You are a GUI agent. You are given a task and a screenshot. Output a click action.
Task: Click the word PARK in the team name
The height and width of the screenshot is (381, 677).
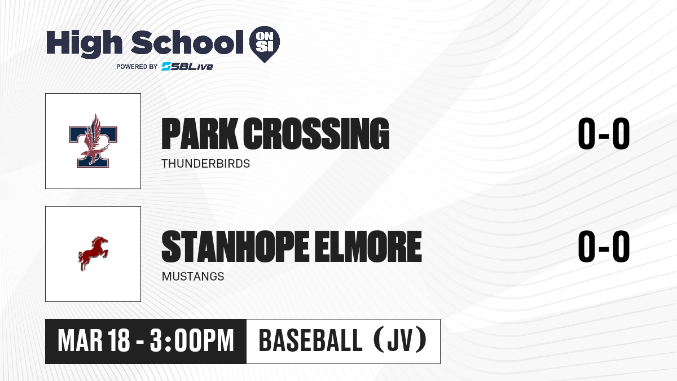pyautogui.click(x=200, y=134)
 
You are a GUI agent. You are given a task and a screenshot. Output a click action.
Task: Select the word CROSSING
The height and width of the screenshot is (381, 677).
pyautogui.click(x=316, y=134)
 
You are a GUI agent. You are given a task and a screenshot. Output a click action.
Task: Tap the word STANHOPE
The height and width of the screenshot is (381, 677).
pyautogui.click(x=235, y=246)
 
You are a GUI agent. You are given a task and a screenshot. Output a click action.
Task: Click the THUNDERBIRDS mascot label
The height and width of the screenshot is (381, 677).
pyautogui.click(x=206, y=164)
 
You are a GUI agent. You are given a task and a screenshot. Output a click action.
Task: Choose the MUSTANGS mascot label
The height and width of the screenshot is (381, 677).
pyautogui.click(x=193, y=277)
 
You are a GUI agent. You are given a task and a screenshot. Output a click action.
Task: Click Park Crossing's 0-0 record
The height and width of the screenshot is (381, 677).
pyautogui.click(x=604, y=133)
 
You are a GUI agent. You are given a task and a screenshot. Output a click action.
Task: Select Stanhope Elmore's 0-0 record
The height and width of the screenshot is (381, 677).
pyautogui.click(x=604, y=246)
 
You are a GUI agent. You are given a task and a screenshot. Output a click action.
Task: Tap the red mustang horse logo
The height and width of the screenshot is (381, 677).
pyautogui.click(x=93, y=253)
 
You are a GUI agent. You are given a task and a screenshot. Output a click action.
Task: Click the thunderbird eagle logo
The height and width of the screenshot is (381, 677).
pyautogui.click(x=93, y=141)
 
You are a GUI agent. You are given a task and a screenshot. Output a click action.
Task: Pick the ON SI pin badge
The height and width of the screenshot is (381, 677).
pyautogui.click(x=265, y=44)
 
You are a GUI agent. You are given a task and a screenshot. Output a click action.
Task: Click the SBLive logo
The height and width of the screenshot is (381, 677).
pyautogui.click(x=187, y=66)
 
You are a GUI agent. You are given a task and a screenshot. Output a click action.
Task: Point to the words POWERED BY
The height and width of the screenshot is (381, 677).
pyautogui.click(x=137, y=67)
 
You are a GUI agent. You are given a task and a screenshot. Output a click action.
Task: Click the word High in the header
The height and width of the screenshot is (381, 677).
pyautogui.click(x=84, y=44)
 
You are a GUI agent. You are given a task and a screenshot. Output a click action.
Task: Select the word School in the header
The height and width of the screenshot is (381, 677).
pyautogui.click(x=187, y=42)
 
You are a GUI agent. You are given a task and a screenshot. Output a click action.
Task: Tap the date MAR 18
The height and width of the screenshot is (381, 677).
pyautogui.click(x=94, y=341)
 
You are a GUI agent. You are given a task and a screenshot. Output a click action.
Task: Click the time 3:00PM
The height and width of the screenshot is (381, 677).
pyautogui.click(x=192, y=341)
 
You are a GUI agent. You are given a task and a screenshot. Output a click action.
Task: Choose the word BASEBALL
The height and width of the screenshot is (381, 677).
pyautogui.click(x=310, y=340)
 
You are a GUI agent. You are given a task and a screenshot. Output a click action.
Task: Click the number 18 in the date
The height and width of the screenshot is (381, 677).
pyautogui.click(x=119, y=341)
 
